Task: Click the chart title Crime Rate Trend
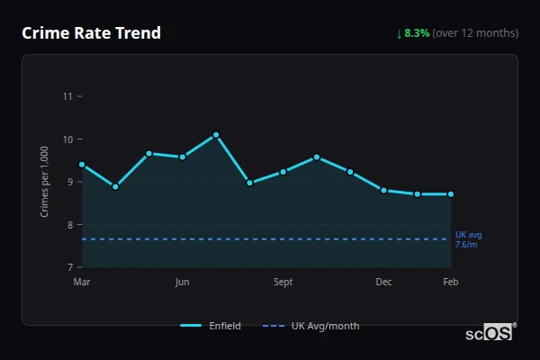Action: tap(91, 33)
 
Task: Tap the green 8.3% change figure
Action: tap(417, 33)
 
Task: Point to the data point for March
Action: tap(82, 165)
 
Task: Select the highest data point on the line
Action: tap(216, 135)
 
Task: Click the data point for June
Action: tap(183, 157)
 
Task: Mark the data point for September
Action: tap(283, 171)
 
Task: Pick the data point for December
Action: tap(383, 190)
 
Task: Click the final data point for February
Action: tap(451, 193)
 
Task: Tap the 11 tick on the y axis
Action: tap(67, 96)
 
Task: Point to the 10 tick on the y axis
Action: tap(67, 139)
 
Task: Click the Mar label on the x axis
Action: tap(82, 283)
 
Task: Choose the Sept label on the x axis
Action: tap(283, 283)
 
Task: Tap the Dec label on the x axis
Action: tap(383, 283)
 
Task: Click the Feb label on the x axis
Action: tap(451, 283)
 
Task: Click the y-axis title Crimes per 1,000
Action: tap(45, 180)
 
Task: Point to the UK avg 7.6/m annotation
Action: tap(468, 239)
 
